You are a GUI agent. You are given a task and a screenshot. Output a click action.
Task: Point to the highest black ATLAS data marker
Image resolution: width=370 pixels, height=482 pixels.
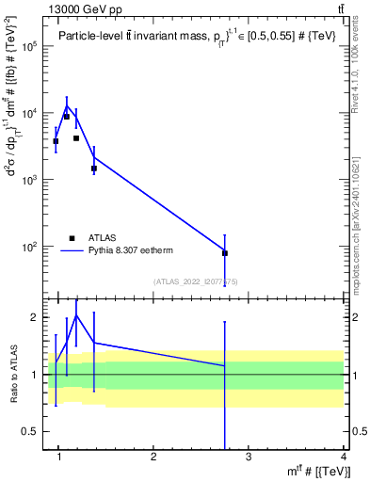coord(67,117)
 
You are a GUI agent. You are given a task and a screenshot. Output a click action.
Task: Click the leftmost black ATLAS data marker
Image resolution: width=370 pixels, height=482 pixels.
coord(56,141)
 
